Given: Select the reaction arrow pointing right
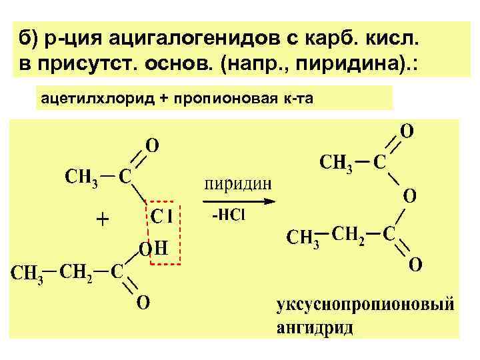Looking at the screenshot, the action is [239, 200].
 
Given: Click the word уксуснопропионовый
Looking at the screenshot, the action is [365, 307].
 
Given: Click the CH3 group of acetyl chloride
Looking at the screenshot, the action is [81, 178].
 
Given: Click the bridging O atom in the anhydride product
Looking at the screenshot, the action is [409, 197].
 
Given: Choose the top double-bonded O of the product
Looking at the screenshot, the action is [405, 130].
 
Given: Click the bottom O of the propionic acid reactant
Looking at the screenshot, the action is [143, 303].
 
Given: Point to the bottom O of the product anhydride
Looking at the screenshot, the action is [414, 265].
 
